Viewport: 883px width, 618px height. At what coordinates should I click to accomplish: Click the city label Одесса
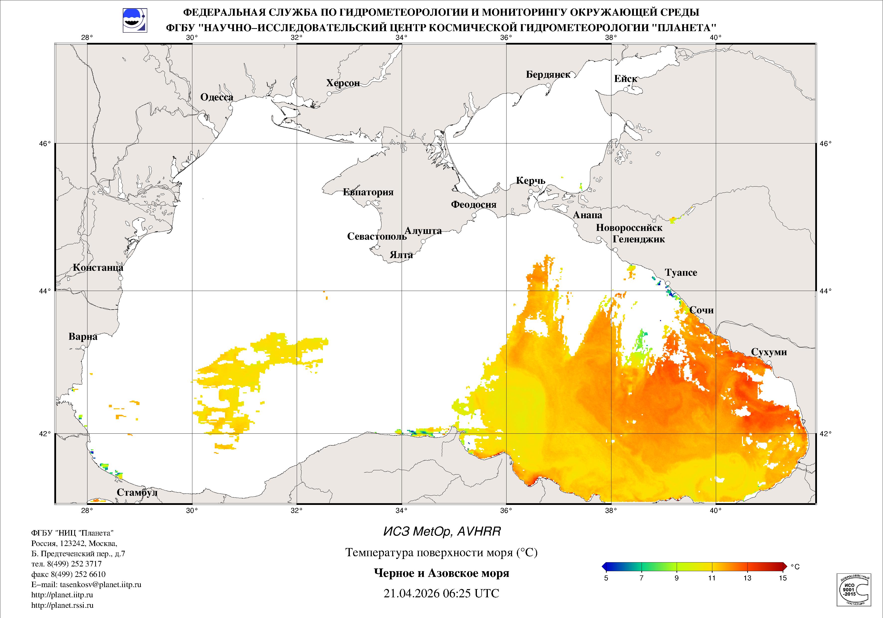217,97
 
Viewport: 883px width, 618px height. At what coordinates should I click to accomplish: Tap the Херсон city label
343,83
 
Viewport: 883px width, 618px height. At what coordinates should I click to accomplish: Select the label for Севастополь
376,236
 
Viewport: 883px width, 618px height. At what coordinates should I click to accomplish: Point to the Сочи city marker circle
701,321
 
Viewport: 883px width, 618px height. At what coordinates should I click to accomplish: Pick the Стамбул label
137,493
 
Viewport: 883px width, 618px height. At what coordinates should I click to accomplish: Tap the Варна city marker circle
83,347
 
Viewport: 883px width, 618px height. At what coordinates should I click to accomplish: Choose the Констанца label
98,268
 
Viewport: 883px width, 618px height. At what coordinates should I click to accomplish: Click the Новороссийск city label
629,228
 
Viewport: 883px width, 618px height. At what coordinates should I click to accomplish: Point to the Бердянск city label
548,75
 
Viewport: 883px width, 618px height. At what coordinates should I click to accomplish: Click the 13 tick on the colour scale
747,578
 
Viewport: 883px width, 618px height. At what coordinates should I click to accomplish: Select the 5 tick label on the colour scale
606,578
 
